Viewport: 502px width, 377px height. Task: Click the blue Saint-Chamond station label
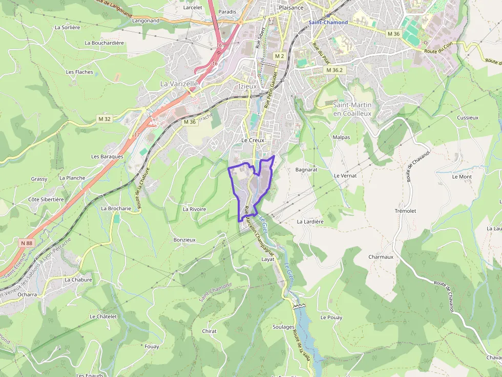tap(328, 23)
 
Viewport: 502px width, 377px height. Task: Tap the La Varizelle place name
tap(179, 83)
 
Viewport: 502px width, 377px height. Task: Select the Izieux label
tap(247, 86)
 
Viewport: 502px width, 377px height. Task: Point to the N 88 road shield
tap(26, 243)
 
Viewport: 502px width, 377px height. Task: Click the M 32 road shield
tap(104, 119)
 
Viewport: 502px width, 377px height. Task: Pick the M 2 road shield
tap(279, 56)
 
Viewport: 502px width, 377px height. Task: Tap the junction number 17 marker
tap(137, 135)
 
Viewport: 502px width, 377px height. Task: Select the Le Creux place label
tap(253, 140)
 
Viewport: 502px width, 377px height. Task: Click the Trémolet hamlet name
tap(405, 211)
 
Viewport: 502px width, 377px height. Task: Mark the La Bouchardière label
tap(104, 43)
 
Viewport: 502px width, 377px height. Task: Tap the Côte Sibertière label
tap(46, 199)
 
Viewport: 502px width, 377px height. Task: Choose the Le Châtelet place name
tap(103, 317)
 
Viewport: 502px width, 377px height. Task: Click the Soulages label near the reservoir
tap(283, 327)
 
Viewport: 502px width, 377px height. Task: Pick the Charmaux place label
tap(381, 257)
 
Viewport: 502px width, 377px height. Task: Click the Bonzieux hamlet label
tap(184, 239)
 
